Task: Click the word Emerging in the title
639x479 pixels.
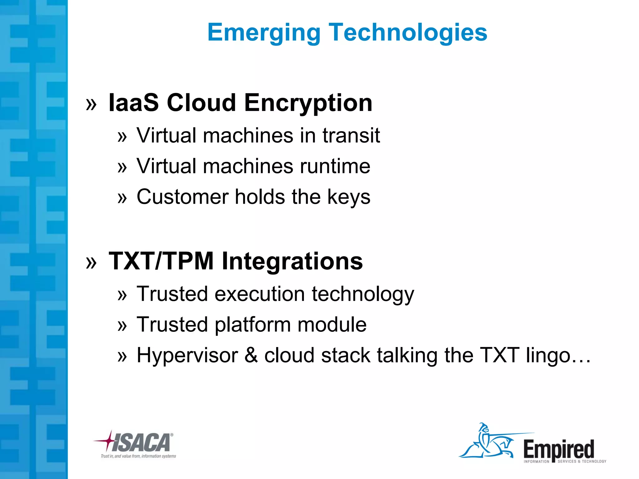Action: (x=264, y=33)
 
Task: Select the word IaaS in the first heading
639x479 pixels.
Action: (x=133, y=103)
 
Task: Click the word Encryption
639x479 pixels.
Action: (x=308, y=103)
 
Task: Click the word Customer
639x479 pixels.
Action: (x=183, y=197)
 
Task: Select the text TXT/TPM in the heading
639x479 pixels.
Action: (x=161, y=261)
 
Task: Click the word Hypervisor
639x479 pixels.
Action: (x=187, y=356)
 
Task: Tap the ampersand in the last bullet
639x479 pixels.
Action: (x=251, y=355)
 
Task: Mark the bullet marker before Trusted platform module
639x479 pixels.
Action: (x=122, y=326)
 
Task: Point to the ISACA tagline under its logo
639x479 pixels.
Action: (x=138, y=456)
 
